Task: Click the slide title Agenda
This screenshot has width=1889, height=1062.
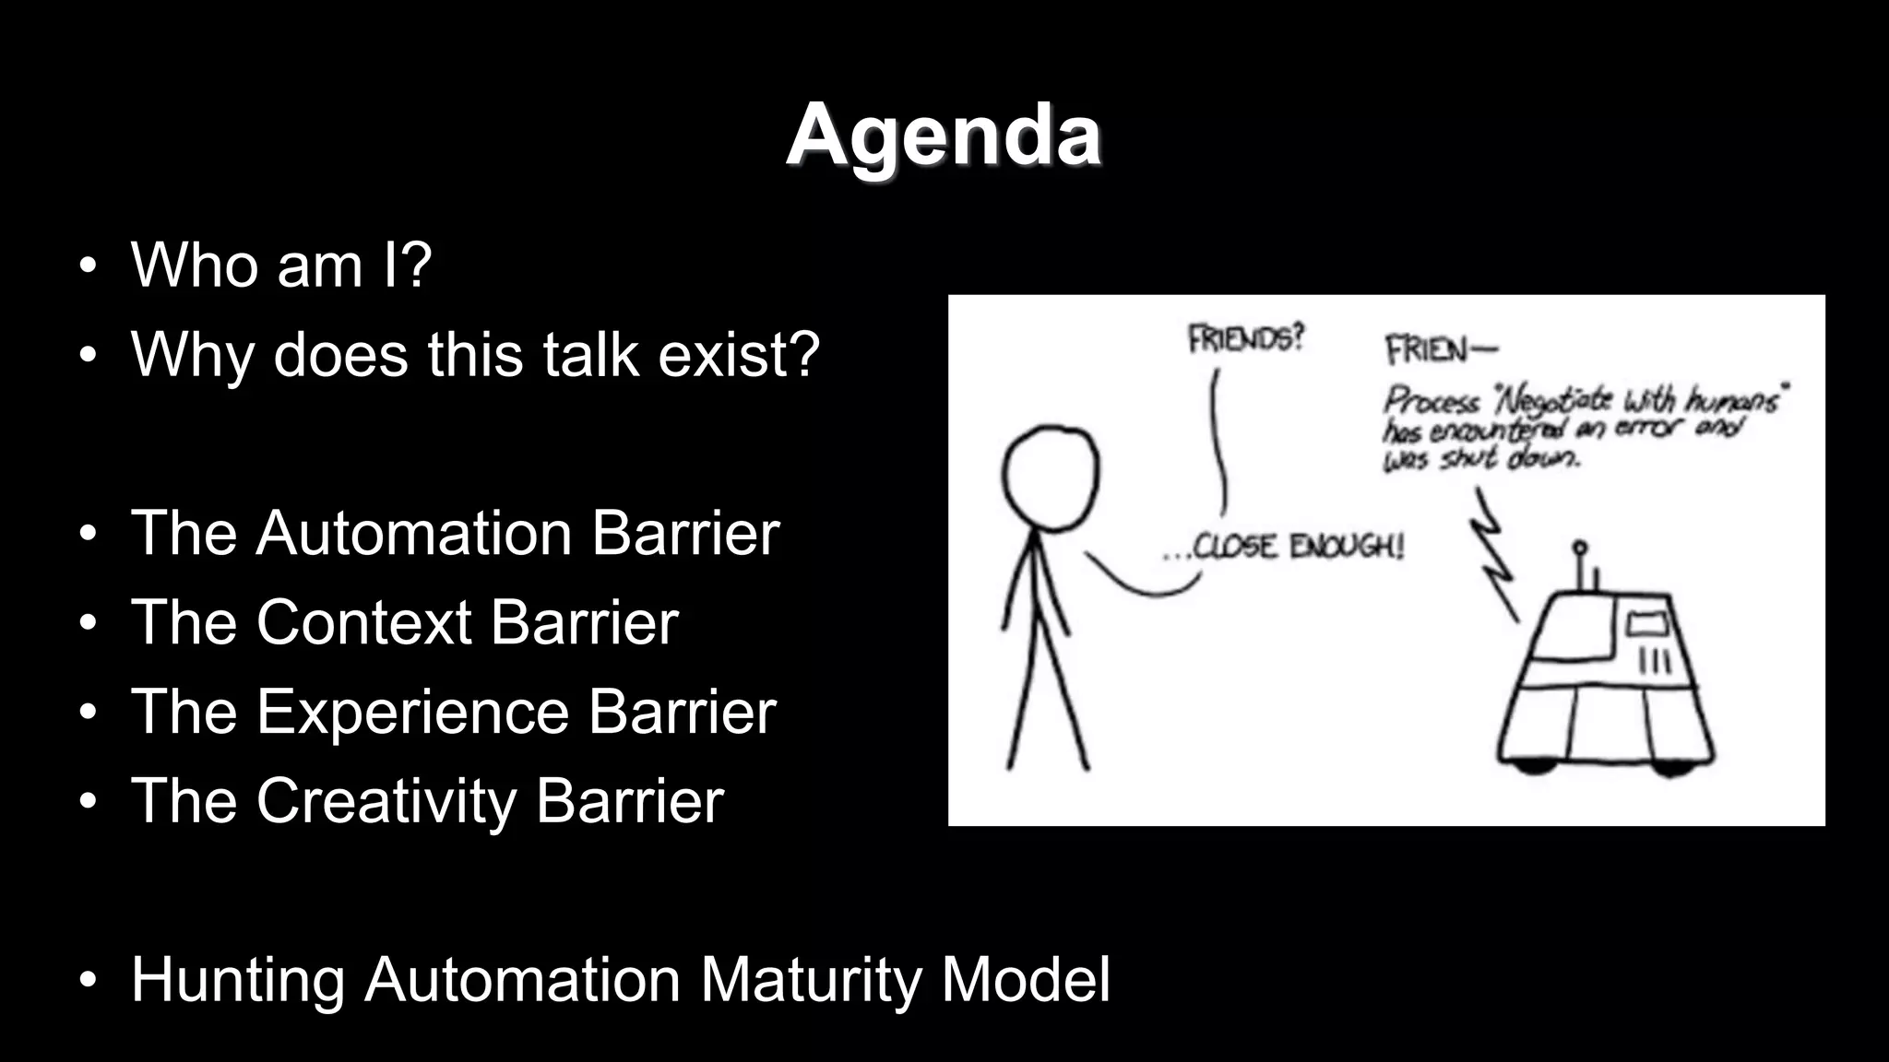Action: (944, 136)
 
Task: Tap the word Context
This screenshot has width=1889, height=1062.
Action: (363, 622)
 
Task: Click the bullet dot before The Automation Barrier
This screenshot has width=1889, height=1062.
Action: (88, 534)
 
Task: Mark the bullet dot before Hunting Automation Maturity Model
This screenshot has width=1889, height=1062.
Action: (88, 980)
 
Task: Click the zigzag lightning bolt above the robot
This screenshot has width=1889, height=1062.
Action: (1494, 553)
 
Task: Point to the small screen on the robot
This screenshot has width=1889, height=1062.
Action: (1647, 625)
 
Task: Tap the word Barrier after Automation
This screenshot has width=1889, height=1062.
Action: (685, 534)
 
